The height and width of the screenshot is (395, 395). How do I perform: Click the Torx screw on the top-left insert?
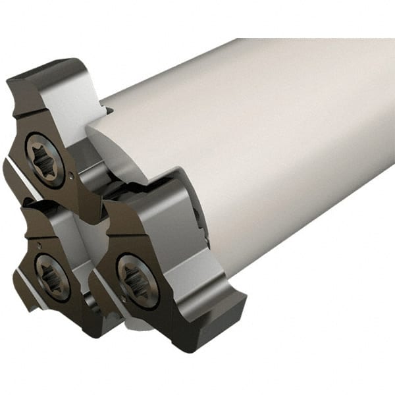[x=44, y=159]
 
